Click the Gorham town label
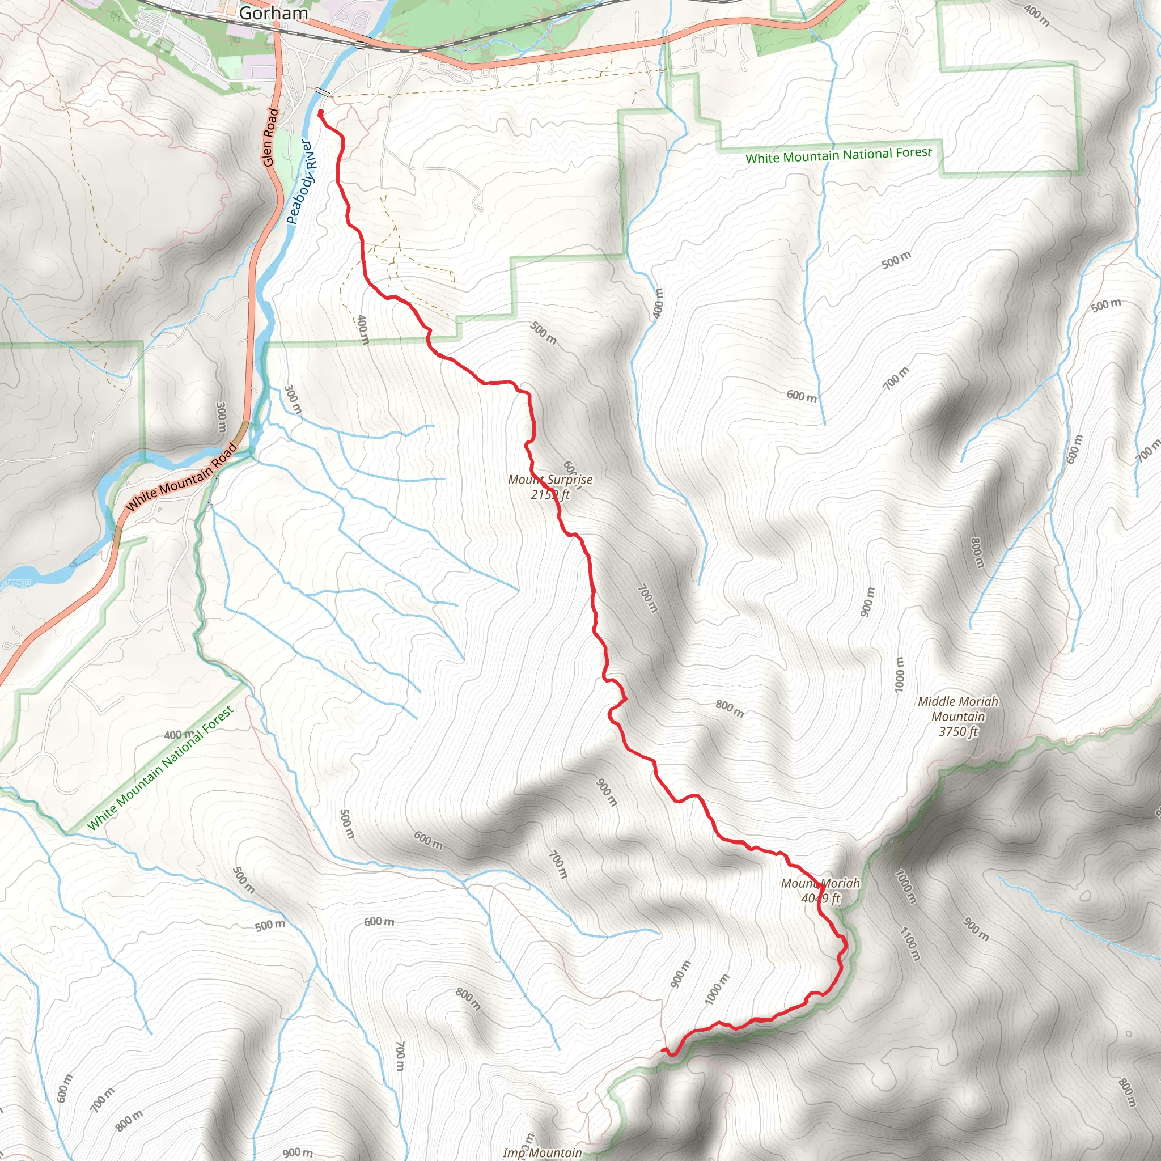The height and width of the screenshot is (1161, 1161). [273, 12]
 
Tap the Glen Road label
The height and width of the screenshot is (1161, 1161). [270, 137]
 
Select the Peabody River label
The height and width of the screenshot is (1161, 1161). [300, 182]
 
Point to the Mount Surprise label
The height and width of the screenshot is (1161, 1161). [550, 487]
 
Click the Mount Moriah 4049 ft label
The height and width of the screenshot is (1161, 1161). [820, 891]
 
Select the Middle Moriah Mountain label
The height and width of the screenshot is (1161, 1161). [958, 716]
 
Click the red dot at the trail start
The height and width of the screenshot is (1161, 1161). [320, 112]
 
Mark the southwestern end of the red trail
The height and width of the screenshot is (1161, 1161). [663, 1050]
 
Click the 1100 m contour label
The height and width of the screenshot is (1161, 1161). [909, 943]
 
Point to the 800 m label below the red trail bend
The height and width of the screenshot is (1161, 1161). [730, 709]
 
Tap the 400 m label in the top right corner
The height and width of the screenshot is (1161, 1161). [1037, 16]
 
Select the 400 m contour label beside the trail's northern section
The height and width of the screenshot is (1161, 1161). [362, 329]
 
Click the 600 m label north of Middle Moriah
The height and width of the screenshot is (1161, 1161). [802, 396]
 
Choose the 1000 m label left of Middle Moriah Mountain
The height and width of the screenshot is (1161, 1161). [899, 674]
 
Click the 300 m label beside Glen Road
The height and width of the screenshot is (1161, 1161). [221, 417]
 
